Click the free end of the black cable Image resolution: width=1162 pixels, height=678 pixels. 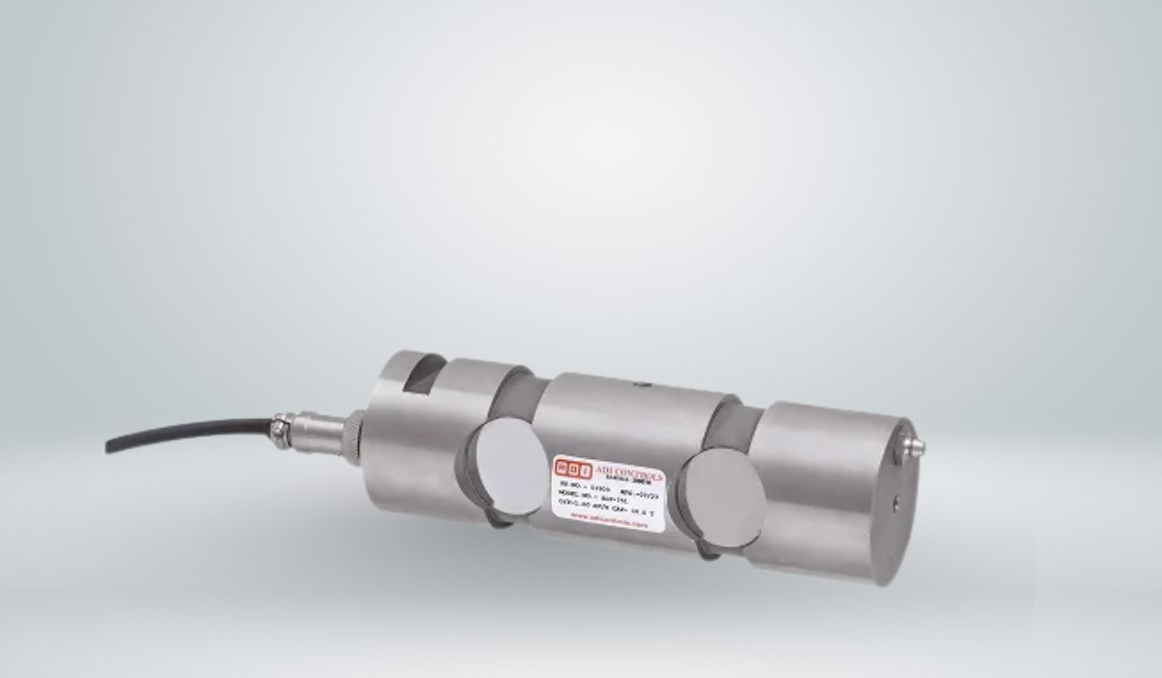(108, 447)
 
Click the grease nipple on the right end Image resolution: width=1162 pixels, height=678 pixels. (914, 445)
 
